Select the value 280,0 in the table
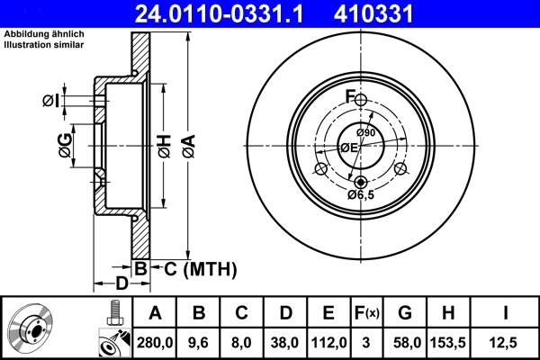click(155, 341)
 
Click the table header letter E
click(328, 313)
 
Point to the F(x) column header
click(367, 313)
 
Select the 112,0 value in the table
click(328, 341)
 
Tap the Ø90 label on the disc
click(365, 134)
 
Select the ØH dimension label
click(164, 147)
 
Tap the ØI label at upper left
click(51, 101)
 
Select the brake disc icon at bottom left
click(31, 328)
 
